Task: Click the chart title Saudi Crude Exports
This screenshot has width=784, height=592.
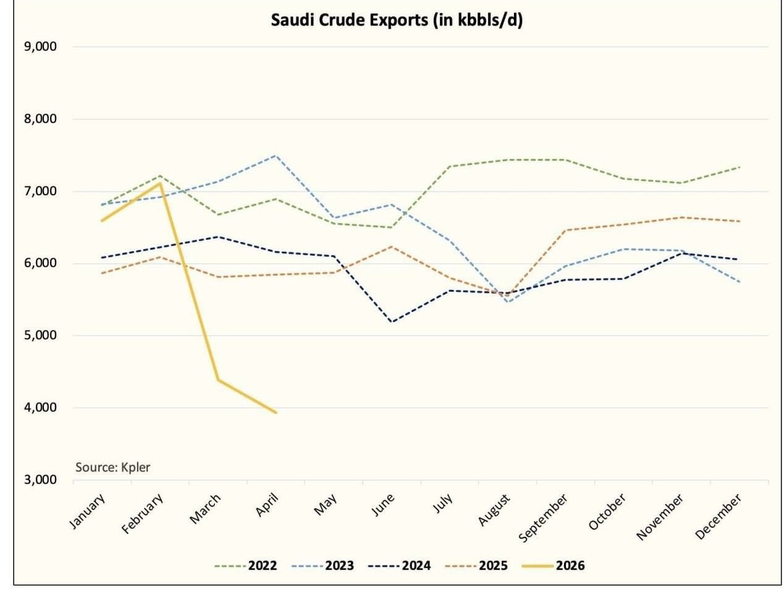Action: [397, 20]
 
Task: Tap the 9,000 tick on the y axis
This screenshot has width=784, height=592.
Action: [41, 47]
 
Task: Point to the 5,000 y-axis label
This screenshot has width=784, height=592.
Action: [41, 336]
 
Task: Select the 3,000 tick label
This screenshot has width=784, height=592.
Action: [41, 480]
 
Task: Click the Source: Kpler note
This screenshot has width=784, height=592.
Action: [112, 467]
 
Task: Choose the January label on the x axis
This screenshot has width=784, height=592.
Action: [87, 512]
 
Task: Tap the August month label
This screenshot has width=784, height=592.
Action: [494, 510]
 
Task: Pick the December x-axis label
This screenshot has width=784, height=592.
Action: [718, 517]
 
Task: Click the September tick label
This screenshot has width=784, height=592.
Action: [543, 518]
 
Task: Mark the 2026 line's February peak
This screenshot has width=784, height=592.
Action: [160, 183]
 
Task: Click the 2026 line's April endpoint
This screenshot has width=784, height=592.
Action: [276, 412]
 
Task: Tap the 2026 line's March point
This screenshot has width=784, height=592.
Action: [218, 379]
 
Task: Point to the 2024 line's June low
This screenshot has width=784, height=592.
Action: [392, 321]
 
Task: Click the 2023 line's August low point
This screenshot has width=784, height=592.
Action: [508, 302]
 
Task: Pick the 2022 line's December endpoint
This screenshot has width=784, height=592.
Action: [740, 167]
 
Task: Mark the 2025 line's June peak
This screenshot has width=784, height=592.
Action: [392, 247]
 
